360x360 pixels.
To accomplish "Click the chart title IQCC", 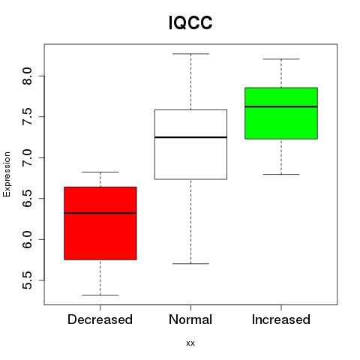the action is pos(190,22).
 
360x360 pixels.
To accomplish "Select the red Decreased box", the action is pos(100,223).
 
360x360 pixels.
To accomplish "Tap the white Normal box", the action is pos(190,145).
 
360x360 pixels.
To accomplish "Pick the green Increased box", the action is pos(281,113).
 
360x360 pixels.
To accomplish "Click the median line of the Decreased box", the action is pos(100,213).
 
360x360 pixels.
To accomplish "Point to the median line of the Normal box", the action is pos(190,137).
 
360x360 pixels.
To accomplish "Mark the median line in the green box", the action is pos(281,106).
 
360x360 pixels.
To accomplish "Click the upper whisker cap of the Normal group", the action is pos(190,54).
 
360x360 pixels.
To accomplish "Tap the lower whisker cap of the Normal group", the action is pos(190,263).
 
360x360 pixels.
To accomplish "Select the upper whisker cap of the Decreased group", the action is pos(100,172).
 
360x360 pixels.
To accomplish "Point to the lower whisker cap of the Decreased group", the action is pos(100,295).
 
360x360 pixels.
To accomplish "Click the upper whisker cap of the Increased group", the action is pos(281,59).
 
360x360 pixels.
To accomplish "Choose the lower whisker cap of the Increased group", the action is pos(281,174).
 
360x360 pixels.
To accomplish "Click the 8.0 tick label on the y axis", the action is pos(27,76).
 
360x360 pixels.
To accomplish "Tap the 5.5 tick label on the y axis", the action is pos(27,280).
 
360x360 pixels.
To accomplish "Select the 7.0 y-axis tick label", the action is pos(27,157).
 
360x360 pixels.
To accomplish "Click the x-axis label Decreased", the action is pos(100,319).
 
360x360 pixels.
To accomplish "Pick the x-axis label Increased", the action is pos(281,319).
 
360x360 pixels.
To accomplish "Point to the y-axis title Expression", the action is pos(7,174).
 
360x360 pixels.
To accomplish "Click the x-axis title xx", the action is pos(190,343).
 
